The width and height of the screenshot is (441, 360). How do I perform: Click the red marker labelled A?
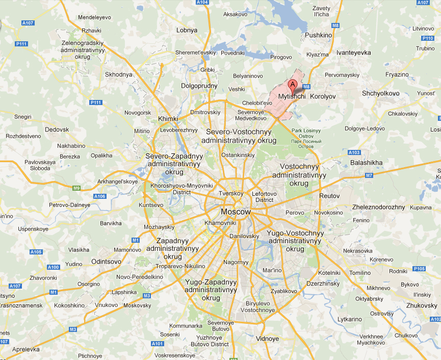pyautogui.click(x=293, y=85)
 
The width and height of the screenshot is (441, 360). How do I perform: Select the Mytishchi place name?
pyautogui.click(x=292, y=96)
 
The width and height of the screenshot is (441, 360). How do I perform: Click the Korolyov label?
pyautogui.click(x=323, y=96)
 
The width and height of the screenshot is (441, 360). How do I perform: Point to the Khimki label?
pyautogui.click(x=168, y=119)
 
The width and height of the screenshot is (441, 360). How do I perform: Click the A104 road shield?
pyautogui.click(x=202, y=3)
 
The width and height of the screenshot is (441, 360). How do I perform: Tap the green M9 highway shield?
pyautogui.click(x=76, y=188)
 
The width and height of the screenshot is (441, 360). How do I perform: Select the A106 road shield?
pyautogui.click(x=100, y=196)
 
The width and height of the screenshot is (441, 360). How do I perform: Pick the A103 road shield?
pyautogui.click(x=354, y=152)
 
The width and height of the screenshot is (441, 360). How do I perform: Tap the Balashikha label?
pyautogui.click(x=366, y=163)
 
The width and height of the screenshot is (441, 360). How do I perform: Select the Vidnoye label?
pyautogui.click(x=268, y=339)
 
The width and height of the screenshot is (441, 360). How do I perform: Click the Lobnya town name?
pyautogui.click(x=186, y=30)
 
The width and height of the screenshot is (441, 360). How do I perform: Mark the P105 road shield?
pyautogui.click(x=420, y=269)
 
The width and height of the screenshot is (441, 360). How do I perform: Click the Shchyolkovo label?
pyautogui.click(x=380, y=94)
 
